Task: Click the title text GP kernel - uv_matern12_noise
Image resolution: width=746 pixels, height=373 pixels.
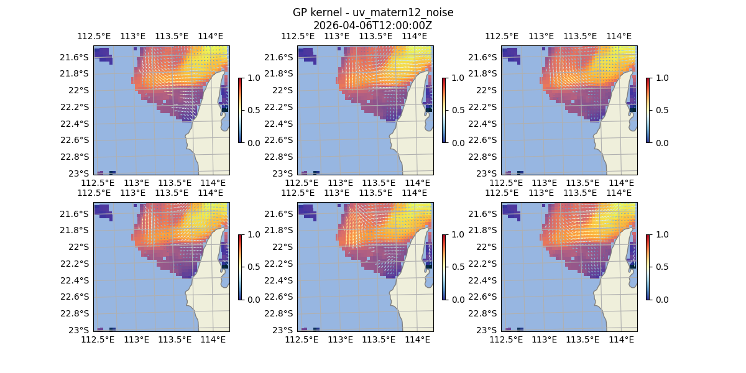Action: (372, 13)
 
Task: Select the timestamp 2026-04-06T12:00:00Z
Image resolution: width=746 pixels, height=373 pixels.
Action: (372, 25)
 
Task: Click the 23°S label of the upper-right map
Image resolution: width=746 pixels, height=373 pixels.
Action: (490, 173)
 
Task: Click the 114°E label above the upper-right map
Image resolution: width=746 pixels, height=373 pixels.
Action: (619, 37)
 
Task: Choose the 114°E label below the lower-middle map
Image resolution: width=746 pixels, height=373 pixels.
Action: (417, 339)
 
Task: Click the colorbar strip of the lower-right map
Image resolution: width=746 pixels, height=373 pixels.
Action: (648, 267)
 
